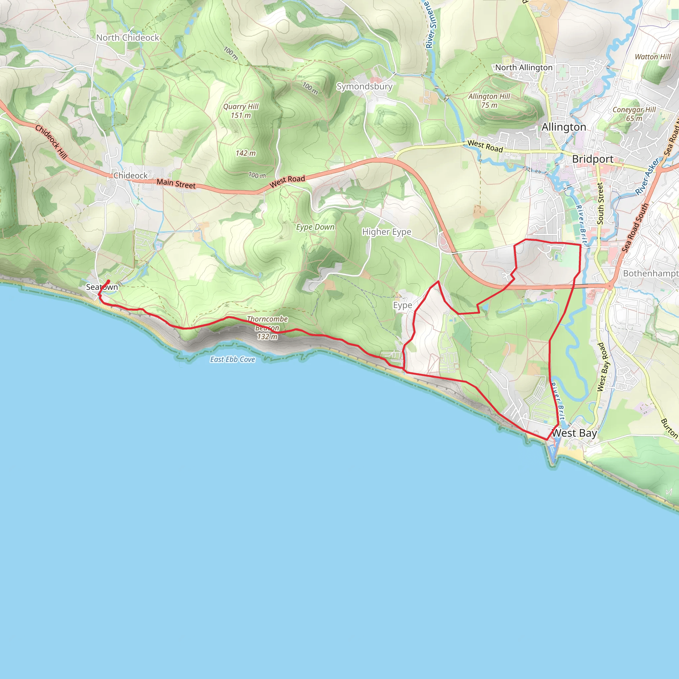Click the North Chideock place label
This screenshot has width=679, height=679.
(128, 37)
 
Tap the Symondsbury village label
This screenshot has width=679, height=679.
(364, 87)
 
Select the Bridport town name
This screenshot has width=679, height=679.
(592, 159)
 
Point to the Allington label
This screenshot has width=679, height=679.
(564, 127)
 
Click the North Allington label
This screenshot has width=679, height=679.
(524, 68)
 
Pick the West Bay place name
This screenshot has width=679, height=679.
(574, 433)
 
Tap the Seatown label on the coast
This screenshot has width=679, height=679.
(102, 287)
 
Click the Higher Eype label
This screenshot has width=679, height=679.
(387, 232)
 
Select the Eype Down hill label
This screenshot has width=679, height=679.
(315, 227)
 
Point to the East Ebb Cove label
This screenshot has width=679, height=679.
(233, 359)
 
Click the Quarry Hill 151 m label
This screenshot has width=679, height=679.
(241, 111)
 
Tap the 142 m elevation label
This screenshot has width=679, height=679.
(246, 153)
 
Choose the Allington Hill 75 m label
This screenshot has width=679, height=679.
(489, 100)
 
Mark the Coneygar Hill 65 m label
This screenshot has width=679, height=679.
(634, 114)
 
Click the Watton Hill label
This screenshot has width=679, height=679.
(652, 57)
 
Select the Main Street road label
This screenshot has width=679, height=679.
(176, 184)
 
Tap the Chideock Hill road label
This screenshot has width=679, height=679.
(51, 142)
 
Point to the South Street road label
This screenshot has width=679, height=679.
(600, 204)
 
